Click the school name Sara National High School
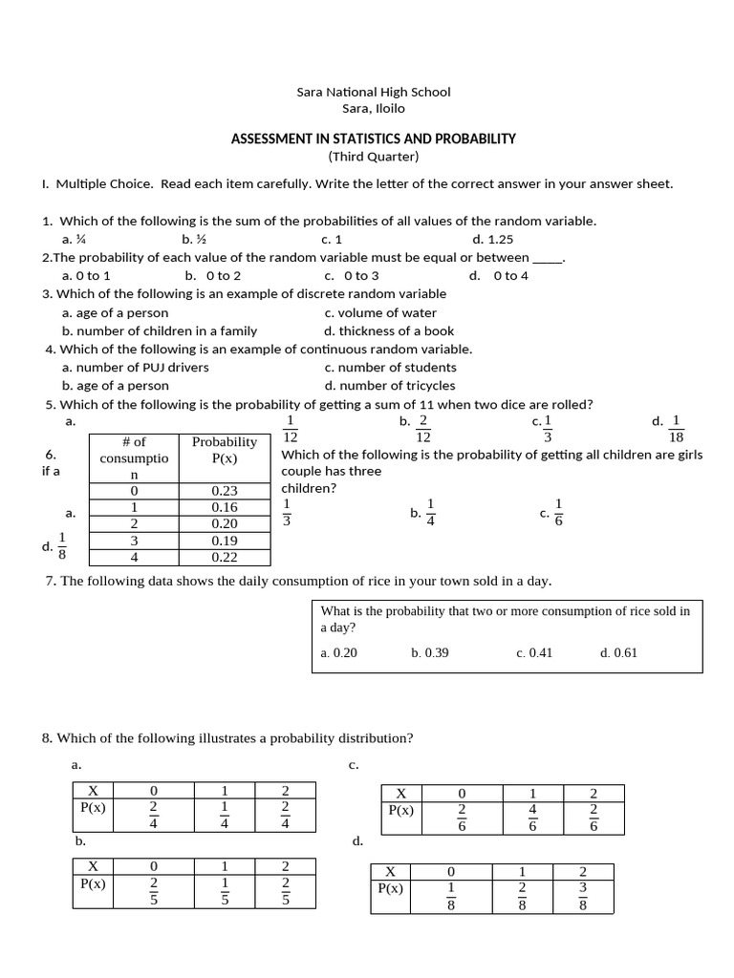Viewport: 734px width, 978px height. tap(373, 92)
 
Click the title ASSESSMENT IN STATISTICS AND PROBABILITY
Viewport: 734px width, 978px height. tap(373, 138)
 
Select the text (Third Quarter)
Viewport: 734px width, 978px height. tap(373, 157)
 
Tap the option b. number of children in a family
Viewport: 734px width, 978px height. tap(160, 330)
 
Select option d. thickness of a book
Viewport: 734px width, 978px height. tap(389, 330)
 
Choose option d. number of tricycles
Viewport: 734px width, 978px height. tap(390, 386)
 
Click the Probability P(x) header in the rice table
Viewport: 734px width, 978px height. tap(225, 450)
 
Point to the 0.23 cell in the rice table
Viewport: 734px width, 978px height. tap(225, 491)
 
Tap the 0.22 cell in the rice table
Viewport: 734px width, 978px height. tap(225, 557)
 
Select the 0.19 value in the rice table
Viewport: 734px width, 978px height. tap(225, 541)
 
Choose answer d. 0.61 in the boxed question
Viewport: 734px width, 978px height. tap(618, 653)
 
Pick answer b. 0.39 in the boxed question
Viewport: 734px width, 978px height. tap(429, 653)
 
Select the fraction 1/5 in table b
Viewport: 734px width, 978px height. tap(225, 891)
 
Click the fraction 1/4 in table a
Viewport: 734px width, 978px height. tap(225, 815)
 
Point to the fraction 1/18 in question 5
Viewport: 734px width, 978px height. tap(676, 428)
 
